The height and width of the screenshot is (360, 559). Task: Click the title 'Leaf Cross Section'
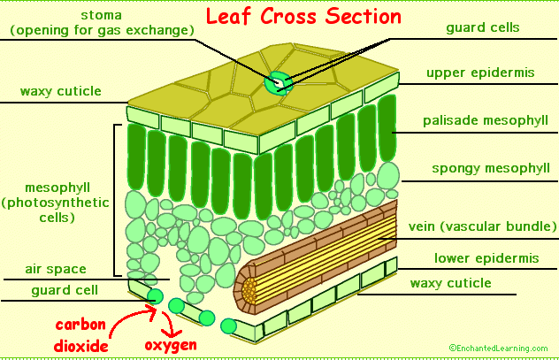(303, 17)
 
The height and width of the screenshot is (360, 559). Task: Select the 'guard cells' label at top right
(481, 27)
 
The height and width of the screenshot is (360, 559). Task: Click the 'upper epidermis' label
(480, 73)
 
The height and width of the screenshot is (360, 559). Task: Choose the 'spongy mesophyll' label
(490, 168)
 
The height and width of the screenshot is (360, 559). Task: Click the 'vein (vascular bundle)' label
(482, 226)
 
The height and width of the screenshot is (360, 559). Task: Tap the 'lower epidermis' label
(486, 258)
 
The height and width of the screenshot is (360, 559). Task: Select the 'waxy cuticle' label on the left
(60, 91)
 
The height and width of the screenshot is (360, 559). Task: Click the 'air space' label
(55, 269)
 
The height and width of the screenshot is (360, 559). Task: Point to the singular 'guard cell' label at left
(64, 289)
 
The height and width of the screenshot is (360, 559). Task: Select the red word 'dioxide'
(80, 346)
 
